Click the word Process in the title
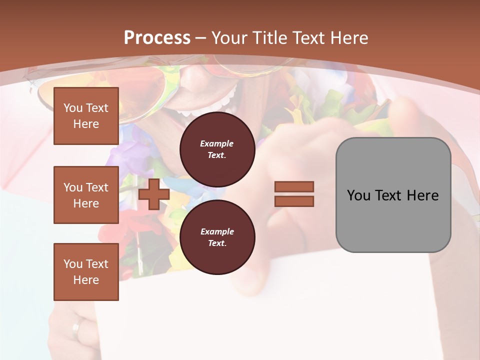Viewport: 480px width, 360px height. (157, 38)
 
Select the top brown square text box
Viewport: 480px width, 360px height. (86, 116)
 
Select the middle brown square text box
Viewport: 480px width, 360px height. (86, 195)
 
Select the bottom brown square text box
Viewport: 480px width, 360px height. (86, 272)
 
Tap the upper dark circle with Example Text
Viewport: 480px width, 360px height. (217, 149)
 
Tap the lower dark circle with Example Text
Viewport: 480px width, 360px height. (217, 237)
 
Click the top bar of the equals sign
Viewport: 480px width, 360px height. (294, 187)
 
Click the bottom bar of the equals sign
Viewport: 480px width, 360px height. (294, 201)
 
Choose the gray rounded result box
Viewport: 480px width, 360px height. (393, 195)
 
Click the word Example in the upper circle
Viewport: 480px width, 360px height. (216, 143)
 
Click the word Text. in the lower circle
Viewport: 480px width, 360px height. (217, 243)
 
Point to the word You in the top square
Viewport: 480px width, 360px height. (73, 108)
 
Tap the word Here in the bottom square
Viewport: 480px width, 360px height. (86, 280)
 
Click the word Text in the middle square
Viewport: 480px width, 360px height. (97, 187)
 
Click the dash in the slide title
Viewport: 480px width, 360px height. (201, 38)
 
